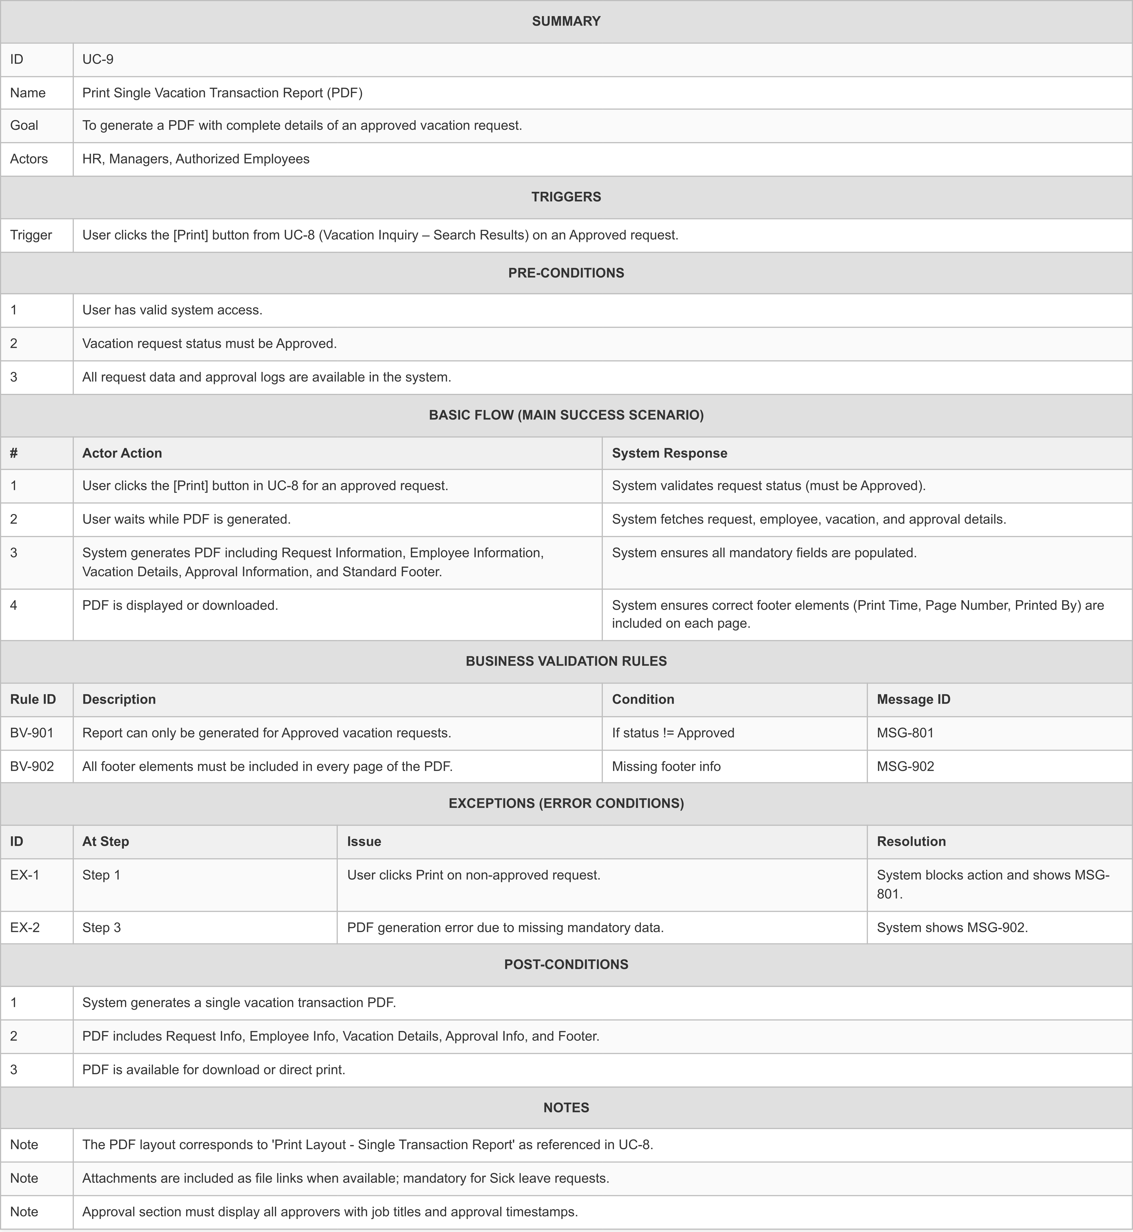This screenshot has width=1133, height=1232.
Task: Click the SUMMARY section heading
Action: (566, 21)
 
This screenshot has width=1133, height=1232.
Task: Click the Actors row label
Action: (29, 159)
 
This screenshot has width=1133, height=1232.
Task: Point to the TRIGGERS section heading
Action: (566, 197)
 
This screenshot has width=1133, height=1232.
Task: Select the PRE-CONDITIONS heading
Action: (566, 273)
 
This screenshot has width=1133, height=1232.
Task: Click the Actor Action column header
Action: (122, 453)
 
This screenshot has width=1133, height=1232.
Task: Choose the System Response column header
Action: (670, 453)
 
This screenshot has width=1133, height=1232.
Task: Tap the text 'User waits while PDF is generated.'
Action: (186, 519)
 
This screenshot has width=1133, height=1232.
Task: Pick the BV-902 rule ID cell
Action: (32, 767)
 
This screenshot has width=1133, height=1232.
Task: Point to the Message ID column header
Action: (913, 700)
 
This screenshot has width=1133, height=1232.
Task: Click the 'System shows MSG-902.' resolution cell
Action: (952, 928)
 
